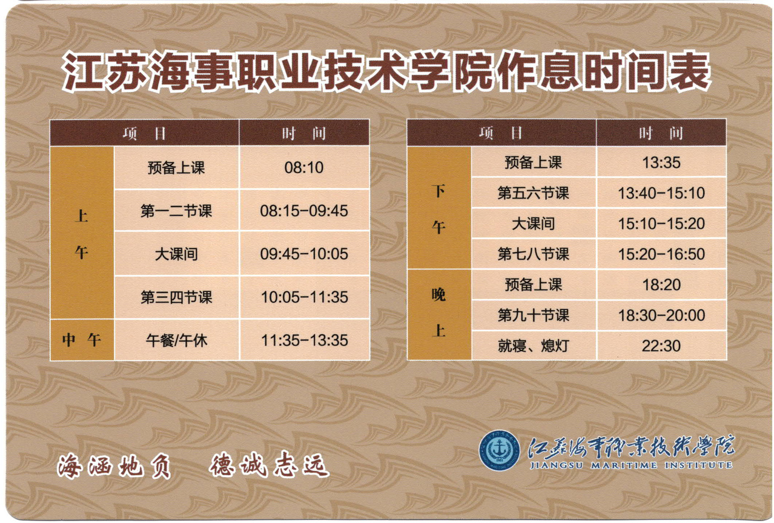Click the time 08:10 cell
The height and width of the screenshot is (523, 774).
coord(304,168)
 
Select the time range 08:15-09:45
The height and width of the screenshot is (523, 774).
coord(304,211)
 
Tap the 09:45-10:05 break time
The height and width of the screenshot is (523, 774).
coord(304,254)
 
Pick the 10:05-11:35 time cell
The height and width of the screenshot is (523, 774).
coord(304,297)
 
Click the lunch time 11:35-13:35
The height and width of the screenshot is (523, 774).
coord(304,340)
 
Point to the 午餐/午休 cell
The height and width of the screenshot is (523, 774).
coord(176,341)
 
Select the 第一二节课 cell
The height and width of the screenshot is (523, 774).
coord(176,211)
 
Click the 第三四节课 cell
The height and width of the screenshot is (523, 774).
coord(176,297)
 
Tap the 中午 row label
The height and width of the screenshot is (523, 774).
coord(82,340)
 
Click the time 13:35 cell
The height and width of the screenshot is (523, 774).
coord(661,162)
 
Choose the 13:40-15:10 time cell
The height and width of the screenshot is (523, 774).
coord(661,192)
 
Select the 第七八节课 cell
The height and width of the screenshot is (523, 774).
coord(533,254)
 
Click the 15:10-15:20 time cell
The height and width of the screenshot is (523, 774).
coord(661,223)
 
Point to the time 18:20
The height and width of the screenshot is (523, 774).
coord(661,285)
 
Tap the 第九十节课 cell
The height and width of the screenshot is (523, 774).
coord(533,315)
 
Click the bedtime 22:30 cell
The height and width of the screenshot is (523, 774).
coord(661,346)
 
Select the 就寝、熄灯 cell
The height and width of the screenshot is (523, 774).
coord(533,346)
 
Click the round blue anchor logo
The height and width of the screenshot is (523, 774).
coord(499,450)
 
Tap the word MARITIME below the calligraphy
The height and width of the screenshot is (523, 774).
coord(624,465)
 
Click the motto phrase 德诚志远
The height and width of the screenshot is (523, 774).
coord(268,465)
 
